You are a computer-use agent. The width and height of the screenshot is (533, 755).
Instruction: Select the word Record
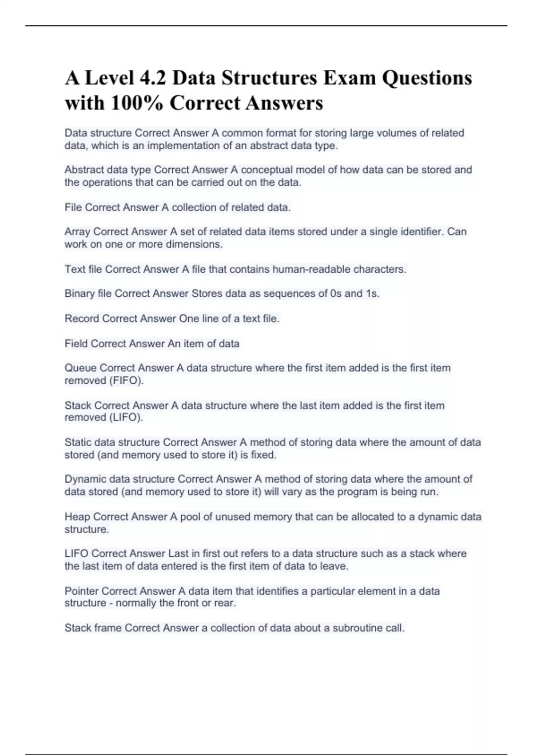tap(82, 318)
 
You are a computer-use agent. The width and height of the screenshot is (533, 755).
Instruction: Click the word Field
tap(76, 343)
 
